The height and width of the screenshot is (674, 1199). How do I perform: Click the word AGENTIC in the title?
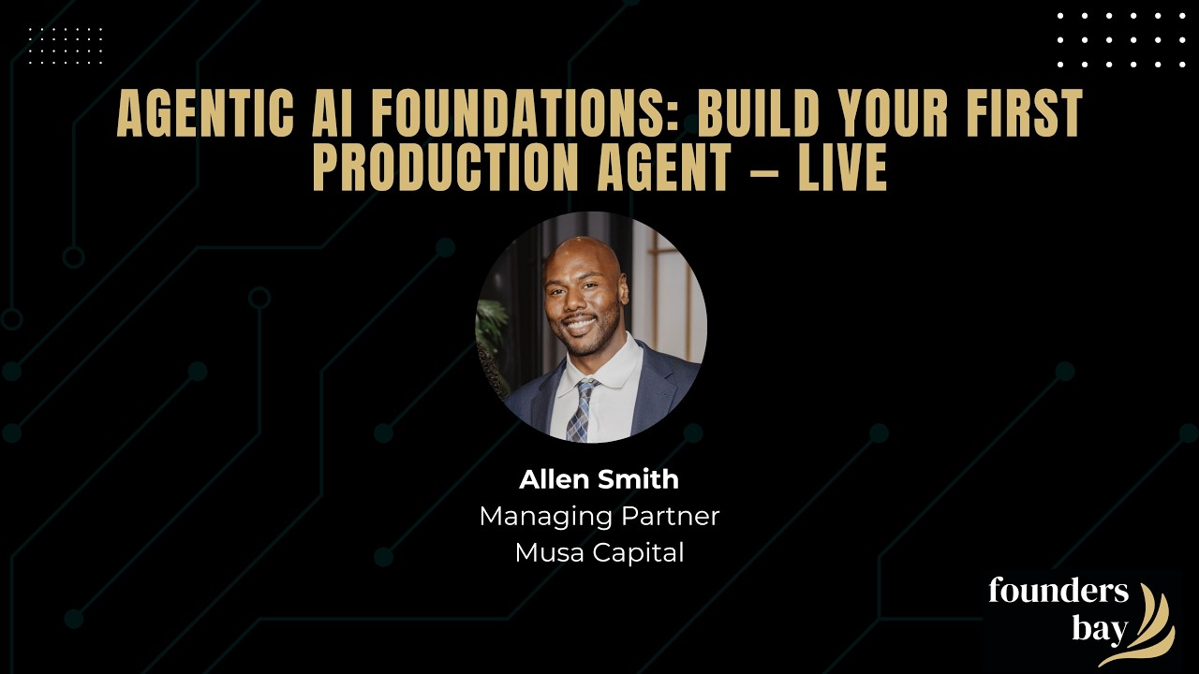[x=205, y=113]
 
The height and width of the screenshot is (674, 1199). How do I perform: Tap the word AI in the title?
[x=332, y=113]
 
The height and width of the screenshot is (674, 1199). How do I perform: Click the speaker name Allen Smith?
[x=599, y=479]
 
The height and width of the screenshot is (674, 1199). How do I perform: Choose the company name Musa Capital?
[x=599, y=552]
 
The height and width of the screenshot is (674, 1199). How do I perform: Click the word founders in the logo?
[x=1058, y=590]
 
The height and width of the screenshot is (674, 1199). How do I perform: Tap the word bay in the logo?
[x=1100, y=630]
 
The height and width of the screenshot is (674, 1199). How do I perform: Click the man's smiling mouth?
[x=580, y=324]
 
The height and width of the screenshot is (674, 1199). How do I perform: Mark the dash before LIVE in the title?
[x=764, y=169]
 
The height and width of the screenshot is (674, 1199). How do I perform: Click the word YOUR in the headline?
[x=891, y=113]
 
